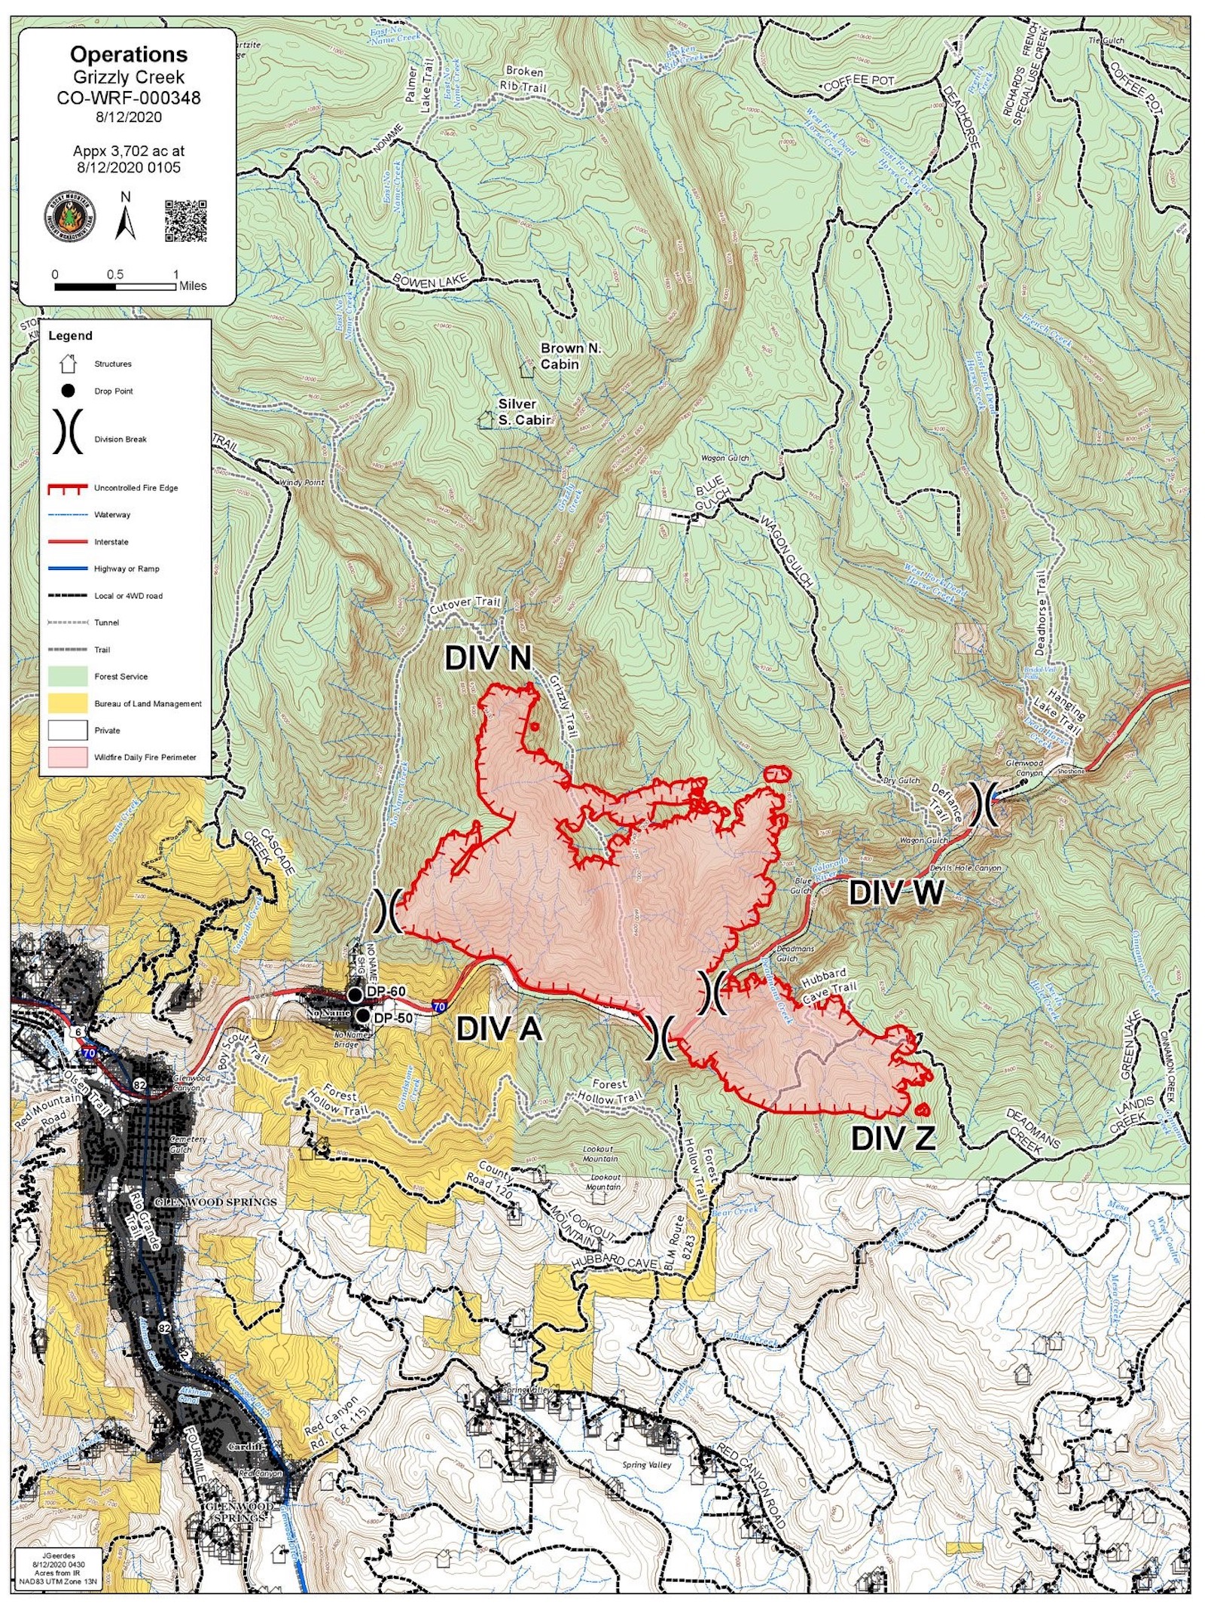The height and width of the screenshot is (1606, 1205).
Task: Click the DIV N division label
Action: (488, 658)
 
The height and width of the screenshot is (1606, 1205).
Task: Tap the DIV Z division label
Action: (893, 1138)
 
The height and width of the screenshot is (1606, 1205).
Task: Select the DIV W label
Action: (895, 893)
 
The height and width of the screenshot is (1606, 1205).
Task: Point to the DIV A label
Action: (499, 1029)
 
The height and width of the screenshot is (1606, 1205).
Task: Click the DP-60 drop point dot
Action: (355, 995)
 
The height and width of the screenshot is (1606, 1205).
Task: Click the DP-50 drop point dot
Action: (362, 1016)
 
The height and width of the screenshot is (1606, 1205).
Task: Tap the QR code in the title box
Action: (185, 220)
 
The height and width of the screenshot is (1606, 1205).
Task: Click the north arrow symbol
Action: (125, 218)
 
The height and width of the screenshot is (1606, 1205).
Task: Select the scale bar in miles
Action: (115, 286)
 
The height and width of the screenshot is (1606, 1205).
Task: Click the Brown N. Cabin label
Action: (570, 355)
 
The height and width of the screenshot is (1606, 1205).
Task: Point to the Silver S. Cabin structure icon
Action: (487, 419)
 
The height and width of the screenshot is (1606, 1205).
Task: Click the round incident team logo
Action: (70, 217)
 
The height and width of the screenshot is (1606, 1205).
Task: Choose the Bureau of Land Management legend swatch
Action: (68, 703)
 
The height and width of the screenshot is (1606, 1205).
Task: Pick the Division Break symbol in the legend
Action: (67, 432)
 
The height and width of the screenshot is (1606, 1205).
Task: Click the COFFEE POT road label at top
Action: (859, 82)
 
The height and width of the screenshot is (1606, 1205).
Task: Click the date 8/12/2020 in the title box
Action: (128, 117)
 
